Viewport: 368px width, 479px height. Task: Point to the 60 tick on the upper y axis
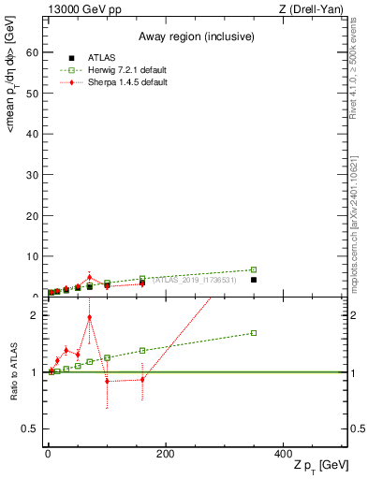[34, 52]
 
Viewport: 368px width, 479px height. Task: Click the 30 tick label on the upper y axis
[34, 174]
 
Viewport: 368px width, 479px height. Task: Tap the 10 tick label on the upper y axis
[34, 255]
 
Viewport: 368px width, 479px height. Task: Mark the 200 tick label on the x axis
[165, 454]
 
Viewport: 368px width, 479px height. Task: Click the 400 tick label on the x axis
[282, 454]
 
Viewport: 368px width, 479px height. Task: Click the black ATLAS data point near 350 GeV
[254, 280]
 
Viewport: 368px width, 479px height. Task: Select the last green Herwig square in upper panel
[254, 269]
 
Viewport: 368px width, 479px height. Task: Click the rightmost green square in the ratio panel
[254, 333]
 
